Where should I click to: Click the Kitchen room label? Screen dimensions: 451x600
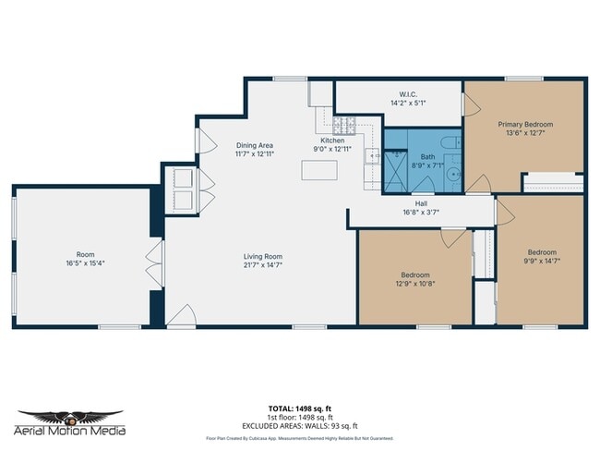332,140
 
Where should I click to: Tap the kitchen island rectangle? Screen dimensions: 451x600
318,171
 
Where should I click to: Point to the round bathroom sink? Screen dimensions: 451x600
453,172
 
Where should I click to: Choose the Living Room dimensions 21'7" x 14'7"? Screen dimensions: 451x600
262,264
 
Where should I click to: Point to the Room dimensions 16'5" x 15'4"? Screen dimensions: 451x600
85,262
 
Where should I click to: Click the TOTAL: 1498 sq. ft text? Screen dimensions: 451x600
300,408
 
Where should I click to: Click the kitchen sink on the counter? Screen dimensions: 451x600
374,158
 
